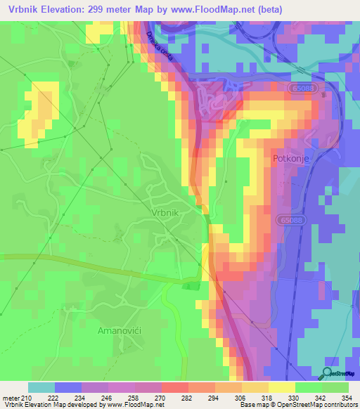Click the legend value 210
pyautogui.click(x=27, y=398)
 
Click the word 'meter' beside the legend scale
pyautogui.click(x=11, y=398)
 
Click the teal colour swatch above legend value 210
pyautogui.click(x=41, y=387)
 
